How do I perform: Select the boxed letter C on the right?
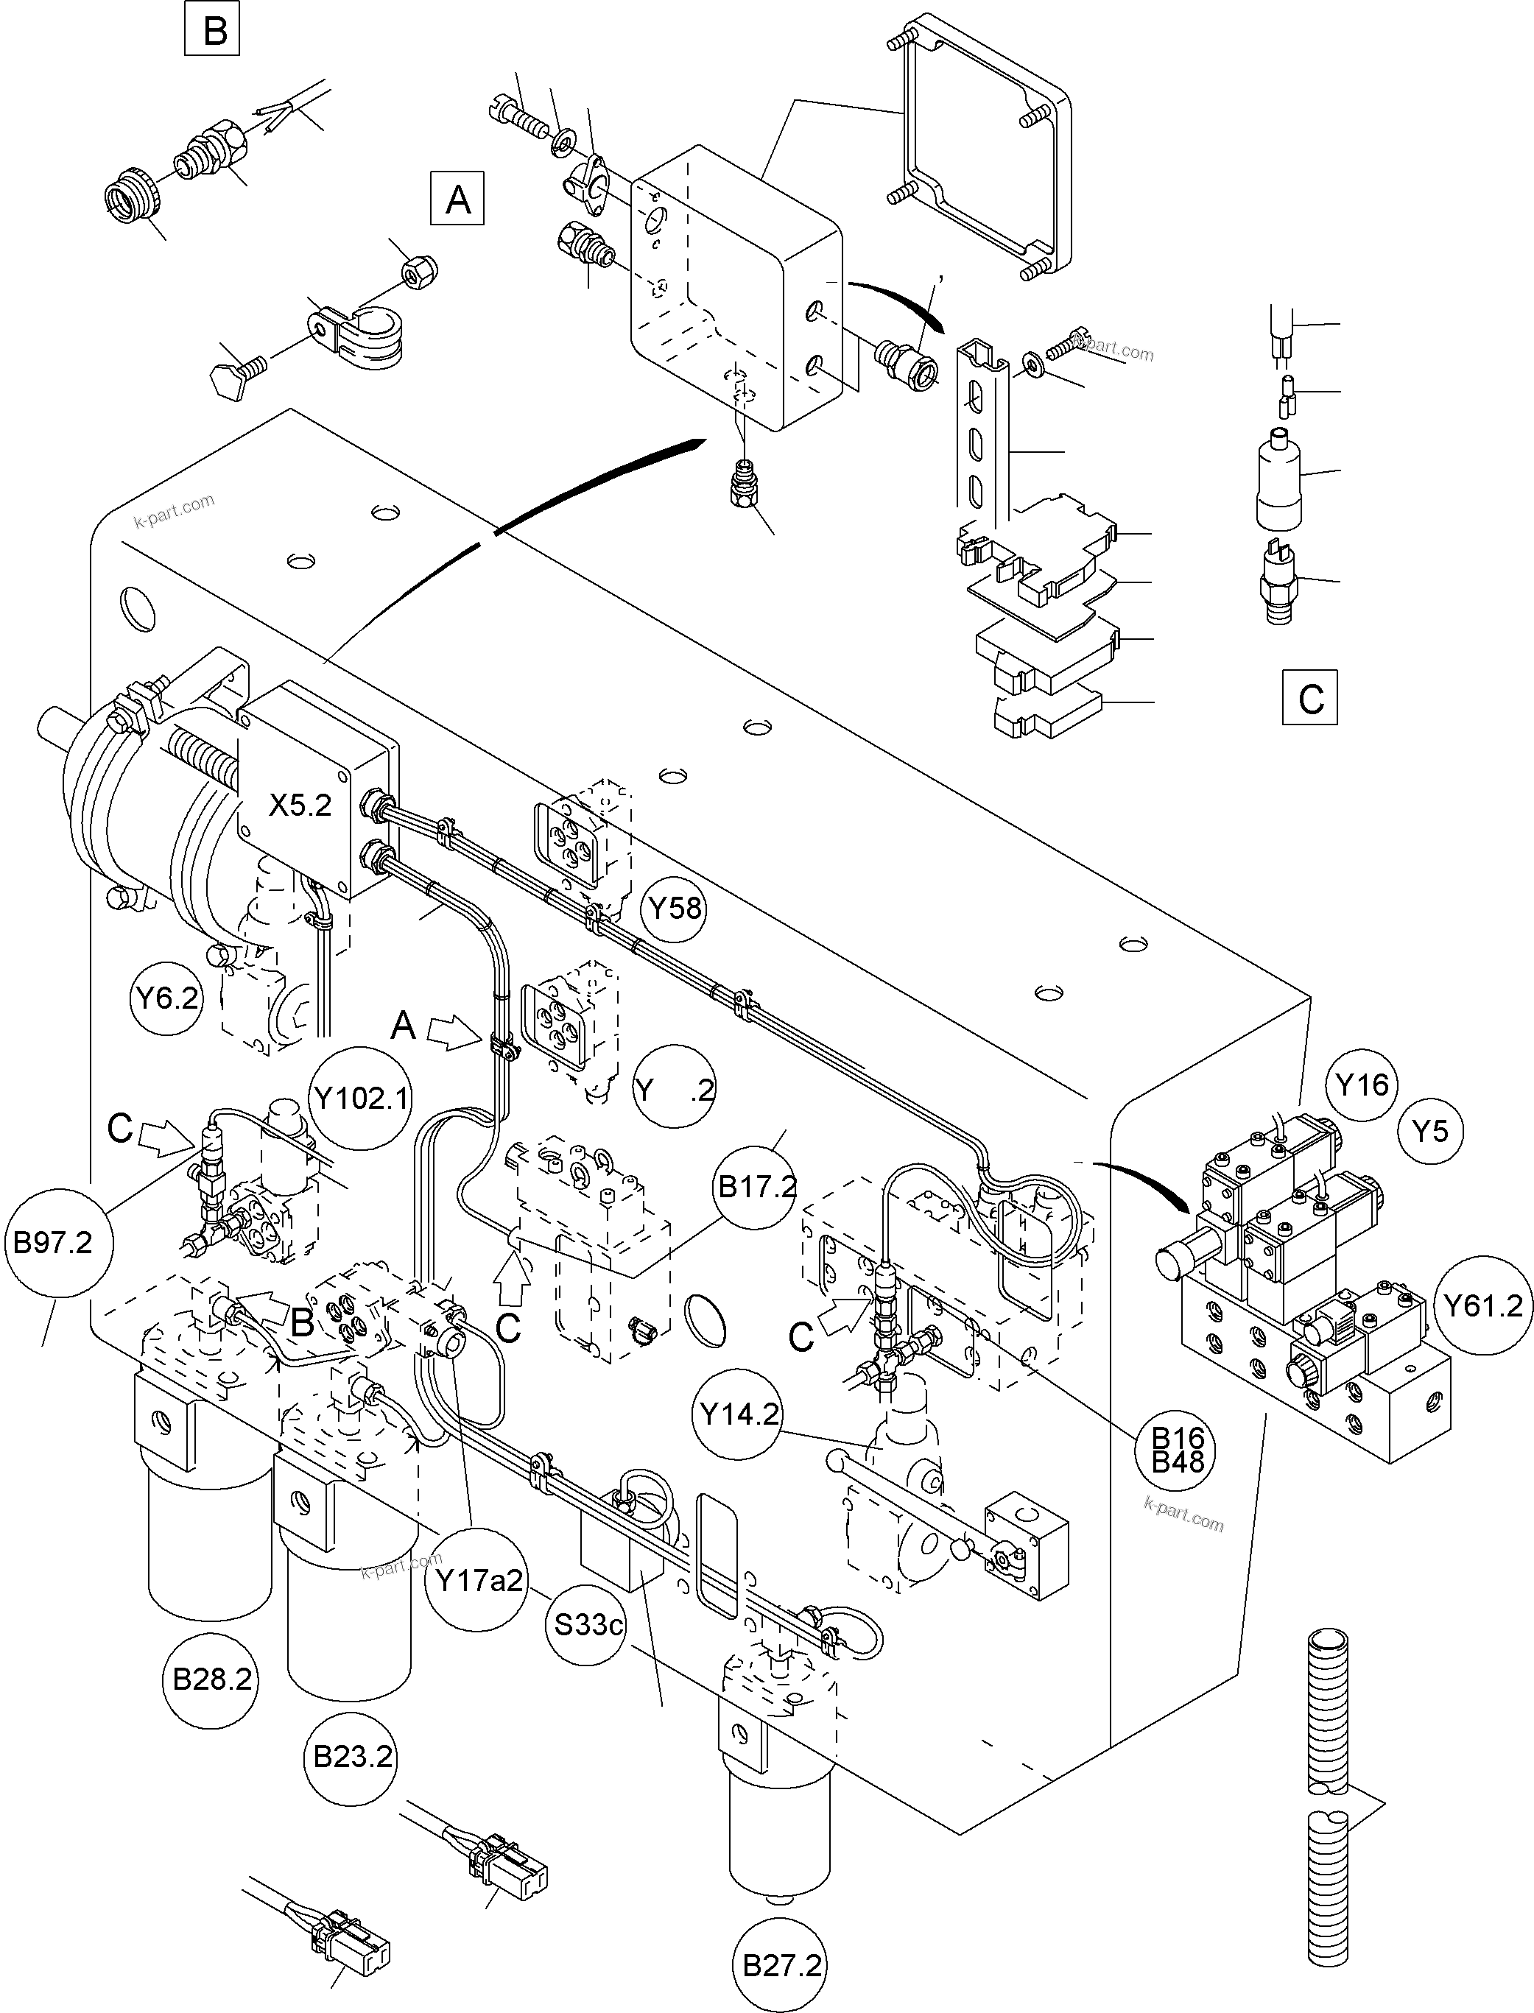(1309, 699)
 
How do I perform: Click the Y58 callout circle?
(674, 909)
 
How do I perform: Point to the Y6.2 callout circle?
(167, 998)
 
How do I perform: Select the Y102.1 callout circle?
(361, 1097)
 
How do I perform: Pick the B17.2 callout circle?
(756, 1187)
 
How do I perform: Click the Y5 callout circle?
(1430, 1130)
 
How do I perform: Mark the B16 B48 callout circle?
(1178, 1450)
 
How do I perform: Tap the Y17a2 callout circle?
(479, 1580)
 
